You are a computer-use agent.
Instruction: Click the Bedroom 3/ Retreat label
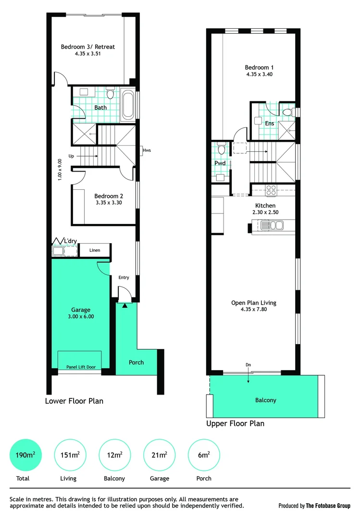pos(87,47)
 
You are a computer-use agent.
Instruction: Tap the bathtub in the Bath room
pos(128,104)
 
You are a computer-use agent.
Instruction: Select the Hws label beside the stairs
pos(147,150)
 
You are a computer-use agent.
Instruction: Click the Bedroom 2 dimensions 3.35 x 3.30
pos(109,203)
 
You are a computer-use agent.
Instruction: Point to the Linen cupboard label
pos(94,250)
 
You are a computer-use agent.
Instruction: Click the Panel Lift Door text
pos(80,367)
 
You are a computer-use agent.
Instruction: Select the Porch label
pos(137,362)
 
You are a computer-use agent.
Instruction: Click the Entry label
pos(124,277)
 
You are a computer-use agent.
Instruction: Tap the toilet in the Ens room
pos(287,112)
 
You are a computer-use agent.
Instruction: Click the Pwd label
pos(220,163)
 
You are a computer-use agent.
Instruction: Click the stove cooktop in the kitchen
pos(271,190)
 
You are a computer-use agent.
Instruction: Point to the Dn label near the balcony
pos(248,365)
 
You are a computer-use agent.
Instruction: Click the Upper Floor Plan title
pos(235,423)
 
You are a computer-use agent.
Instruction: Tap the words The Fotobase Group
pos(328,506)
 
